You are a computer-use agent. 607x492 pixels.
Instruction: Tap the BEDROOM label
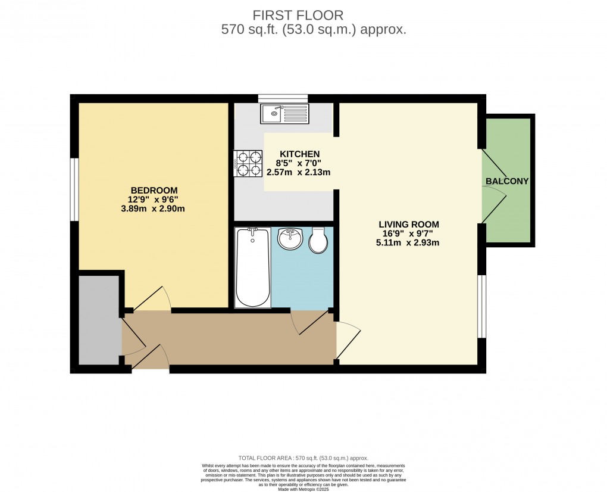[154, 190]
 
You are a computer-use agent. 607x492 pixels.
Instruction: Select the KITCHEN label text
[300, 154]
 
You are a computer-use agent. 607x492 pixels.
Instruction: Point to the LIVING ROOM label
[409, 225]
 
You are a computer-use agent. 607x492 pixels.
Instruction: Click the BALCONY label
[507, 181]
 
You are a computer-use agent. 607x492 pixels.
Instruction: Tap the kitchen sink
[284, 113]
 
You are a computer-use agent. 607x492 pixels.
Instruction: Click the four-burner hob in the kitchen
[249, 163]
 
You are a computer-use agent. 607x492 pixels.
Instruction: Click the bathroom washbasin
[292, 239]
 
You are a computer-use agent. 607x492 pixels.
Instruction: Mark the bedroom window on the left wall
[74, 189]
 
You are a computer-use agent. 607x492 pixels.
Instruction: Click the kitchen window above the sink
[283, 98]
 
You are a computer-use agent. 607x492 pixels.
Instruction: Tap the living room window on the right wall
[483, 307]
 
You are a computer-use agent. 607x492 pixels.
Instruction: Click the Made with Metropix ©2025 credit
[303, 489]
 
